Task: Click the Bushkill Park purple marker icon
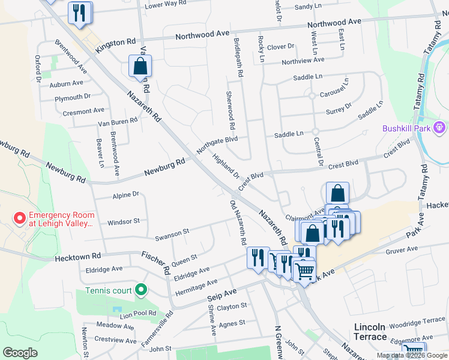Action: tap(439, 128)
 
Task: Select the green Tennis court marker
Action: tap(141, 290)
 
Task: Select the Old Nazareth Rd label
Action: tap(238, 223)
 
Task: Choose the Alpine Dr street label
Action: tap(125, 194)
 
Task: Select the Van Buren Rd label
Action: tap(118, 121)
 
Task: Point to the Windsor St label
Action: tap(123, 222)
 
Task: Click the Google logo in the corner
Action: tap(20, 353)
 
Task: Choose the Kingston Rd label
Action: tap(122, 43)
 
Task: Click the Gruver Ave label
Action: tap(402, 248)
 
